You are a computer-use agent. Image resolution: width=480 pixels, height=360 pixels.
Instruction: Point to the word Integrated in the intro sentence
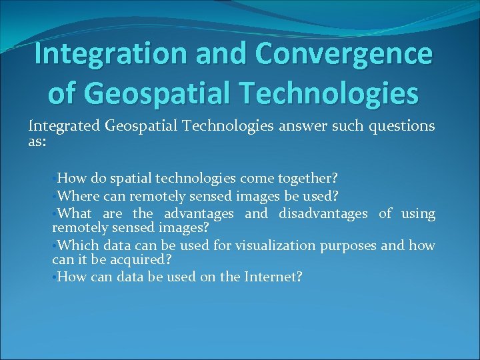coord(65,126)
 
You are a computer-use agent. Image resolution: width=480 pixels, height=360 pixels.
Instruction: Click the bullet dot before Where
coord(55,197)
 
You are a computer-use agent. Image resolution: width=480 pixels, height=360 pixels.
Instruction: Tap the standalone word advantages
coord(199,213)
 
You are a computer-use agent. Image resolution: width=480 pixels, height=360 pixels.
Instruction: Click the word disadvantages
coord(323,213)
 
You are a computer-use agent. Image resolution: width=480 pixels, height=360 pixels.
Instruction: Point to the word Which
coord(76,246)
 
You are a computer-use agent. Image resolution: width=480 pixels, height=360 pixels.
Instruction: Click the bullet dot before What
coord(55,213)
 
